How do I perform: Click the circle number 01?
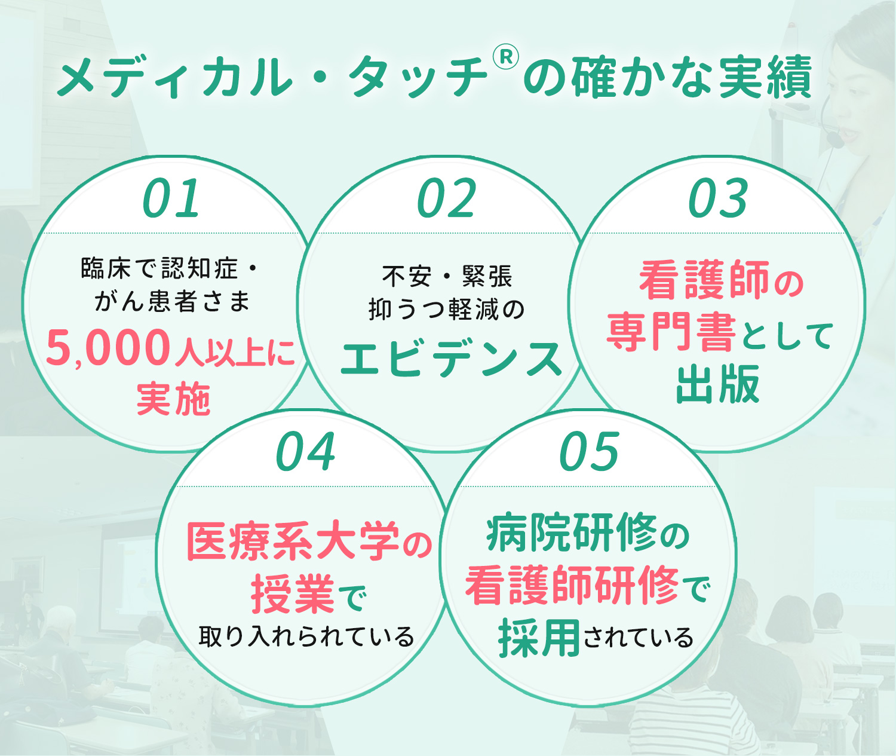coord(171,198)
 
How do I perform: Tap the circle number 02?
coord(446,198)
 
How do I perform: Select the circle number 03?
coord(719,198)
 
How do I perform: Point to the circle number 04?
coord(305,451)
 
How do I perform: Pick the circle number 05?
coord(589,451)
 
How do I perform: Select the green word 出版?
coord(718,384)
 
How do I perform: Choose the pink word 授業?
coord(293,594)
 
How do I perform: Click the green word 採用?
coord(539,638)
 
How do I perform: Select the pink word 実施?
coord(173,399)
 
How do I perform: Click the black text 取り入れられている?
coord(306,636)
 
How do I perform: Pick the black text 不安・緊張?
coord(447,277)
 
